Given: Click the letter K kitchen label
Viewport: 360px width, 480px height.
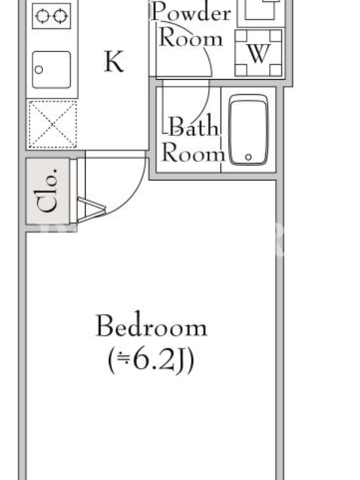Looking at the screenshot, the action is click(114, 61).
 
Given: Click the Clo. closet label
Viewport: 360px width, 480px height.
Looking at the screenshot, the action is click(47, 190).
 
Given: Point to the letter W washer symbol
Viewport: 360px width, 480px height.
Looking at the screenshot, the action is click(259, 53).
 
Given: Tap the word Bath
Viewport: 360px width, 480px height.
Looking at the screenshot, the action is click(194, 126).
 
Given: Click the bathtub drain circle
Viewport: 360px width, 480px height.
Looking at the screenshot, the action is click(248, 157).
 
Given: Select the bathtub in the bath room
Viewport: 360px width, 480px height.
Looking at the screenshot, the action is click(248, 130).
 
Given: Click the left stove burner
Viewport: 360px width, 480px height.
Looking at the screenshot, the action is click(42, 16).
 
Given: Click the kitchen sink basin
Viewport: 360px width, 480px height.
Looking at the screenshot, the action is click(52, 70).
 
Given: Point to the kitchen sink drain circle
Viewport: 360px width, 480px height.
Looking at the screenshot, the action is click(38, 70).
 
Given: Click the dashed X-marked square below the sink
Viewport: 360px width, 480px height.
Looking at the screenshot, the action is click(52, 124).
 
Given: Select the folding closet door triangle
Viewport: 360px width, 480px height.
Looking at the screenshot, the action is click(91, 209).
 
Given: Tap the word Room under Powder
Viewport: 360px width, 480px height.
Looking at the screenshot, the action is click(191, 39).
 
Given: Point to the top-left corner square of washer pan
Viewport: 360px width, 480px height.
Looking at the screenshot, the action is click(241, 35).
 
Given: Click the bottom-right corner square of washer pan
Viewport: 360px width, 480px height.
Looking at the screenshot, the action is click(276, 70).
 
